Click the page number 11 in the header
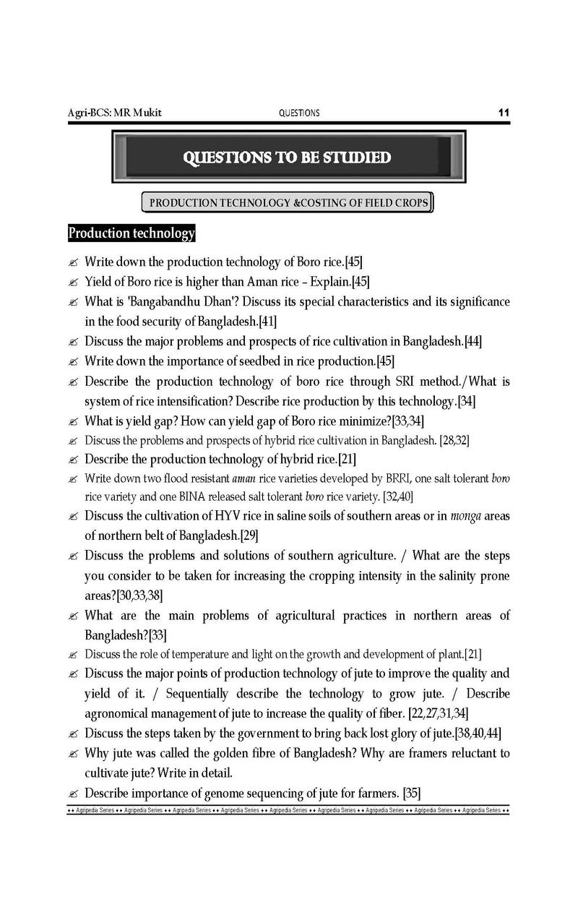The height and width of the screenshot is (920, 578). (504, 113)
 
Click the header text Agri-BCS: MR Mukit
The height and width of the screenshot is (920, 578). (115, 113)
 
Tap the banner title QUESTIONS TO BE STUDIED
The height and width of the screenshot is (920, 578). (287, 158)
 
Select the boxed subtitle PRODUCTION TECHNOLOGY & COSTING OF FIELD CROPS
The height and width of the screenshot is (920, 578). (288, 203)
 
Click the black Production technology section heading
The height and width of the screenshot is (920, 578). (131, 233)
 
